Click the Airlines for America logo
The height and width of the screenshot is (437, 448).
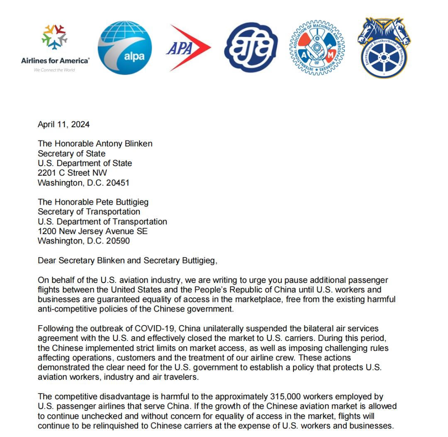(55, 48)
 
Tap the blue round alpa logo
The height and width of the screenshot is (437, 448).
(124, 48)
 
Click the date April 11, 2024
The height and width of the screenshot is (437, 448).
(63, 124)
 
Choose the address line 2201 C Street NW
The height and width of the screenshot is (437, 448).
(73, 173)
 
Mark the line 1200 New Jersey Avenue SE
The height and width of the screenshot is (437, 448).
(93, 231)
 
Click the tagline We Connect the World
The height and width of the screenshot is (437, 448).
(54, 70)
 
